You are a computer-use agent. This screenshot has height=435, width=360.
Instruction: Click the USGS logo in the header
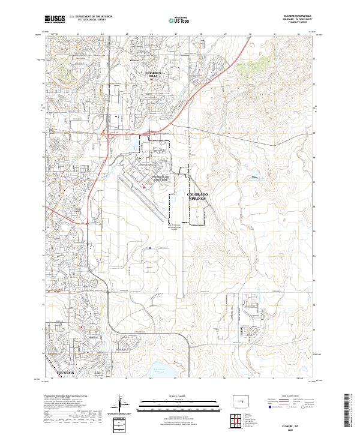(x=55, y=20)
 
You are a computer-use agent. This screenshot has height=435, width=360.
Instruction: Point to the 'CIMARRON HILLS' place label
(x=154, y=74)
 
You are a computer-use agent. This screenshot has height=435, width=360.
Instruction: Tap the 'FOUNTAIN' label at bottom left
(x=62, y=373)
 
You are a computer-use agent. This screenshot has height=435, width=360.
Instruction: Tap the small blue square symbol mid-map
(x=149, y=247)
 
